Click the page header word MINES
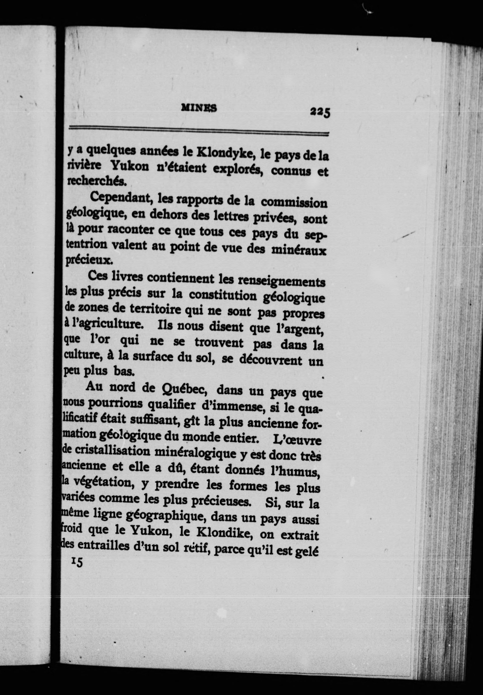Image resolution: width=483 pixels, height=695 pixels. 199,108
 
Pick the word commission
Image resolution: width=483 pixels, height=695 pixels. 294,202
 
